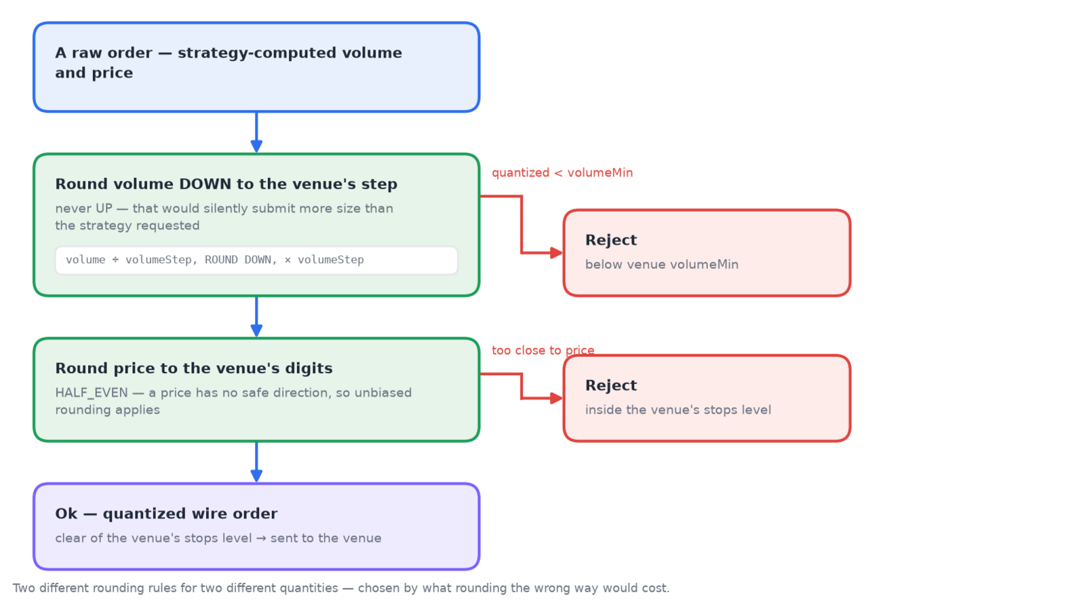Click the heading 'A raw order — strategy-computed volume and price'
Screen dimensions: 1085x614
228,62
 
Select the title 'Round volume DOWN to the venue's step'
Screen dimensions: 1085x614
226,184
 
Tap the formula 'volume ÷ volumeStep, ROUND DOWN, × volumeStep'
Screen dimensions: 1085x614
214,261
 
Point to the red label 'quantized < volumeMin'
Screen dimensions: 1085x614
562,173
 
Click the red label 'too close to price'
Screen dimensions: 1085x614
543,350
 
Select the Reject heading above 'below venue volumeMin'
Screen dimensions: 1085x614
611,240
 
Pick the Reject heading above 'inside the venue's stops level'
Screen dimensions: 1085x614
611,385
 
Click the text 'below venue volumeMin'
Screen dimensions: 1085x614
662,265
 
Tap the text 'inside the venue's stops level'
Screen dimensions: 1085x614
678,410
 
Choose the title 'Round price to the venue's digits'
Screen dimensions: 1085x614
194,368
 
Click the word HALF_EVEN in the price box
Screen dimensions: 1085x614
92,393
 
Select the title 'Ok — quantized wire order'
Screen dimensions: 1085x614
166,514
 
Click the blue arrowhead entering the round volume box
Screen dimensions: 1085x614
256,147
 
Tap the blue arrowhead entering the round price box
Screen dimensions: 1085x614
256,330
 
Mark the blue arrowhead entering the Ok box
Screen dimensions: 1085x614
256,476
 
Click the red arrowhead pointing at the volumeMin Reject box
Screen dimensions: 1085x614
557,253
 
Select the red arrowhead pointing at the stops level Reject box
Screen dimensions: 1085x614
557,398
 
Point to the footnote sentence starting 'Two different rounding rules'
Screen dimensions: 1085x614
341,588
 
